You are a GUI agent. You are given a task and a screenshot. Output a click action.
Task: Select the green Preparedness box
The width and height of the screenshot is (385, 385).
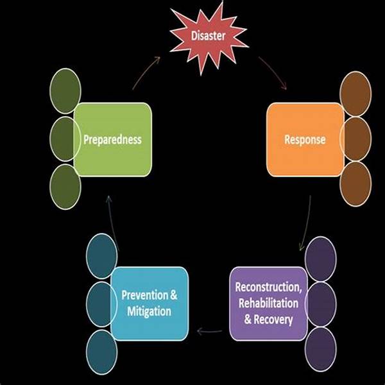click(x=113, y=139)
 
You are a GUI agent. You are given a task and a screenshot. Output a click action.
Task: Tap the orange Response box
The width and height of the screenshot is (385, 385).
click(x=304, y=139)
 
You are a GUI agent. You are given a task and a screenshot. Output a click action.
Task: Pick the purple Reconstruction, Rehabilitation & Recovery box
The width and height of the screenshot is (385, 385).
click(x=268, y=303)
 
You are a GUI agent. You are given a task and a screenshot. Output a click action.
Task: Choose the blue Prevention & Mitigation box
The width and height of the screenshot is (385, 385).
click(x=149, y=304)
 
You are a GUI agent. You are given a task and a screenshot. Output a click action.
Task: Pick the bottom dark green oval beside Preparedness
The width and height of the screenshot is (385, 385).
click(x=65, y=186)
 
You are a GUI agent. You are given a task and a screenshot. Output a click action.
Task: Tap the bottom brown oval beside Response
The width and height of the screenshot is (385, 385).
click(x=355, y=184)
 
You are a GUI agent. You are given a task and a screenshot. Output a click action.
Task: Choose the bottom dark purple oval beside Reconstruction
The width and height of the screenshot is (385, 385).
click(x=321, y=350)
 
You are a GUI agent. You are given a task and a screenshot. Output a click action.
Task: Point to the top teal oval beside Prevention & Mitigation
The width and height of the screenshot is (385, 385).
click(x=101, y=257)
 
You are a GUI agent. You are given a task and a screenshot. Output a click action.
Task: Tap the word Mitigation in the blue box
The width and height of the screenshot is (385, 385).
click(x=148, y=312)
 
